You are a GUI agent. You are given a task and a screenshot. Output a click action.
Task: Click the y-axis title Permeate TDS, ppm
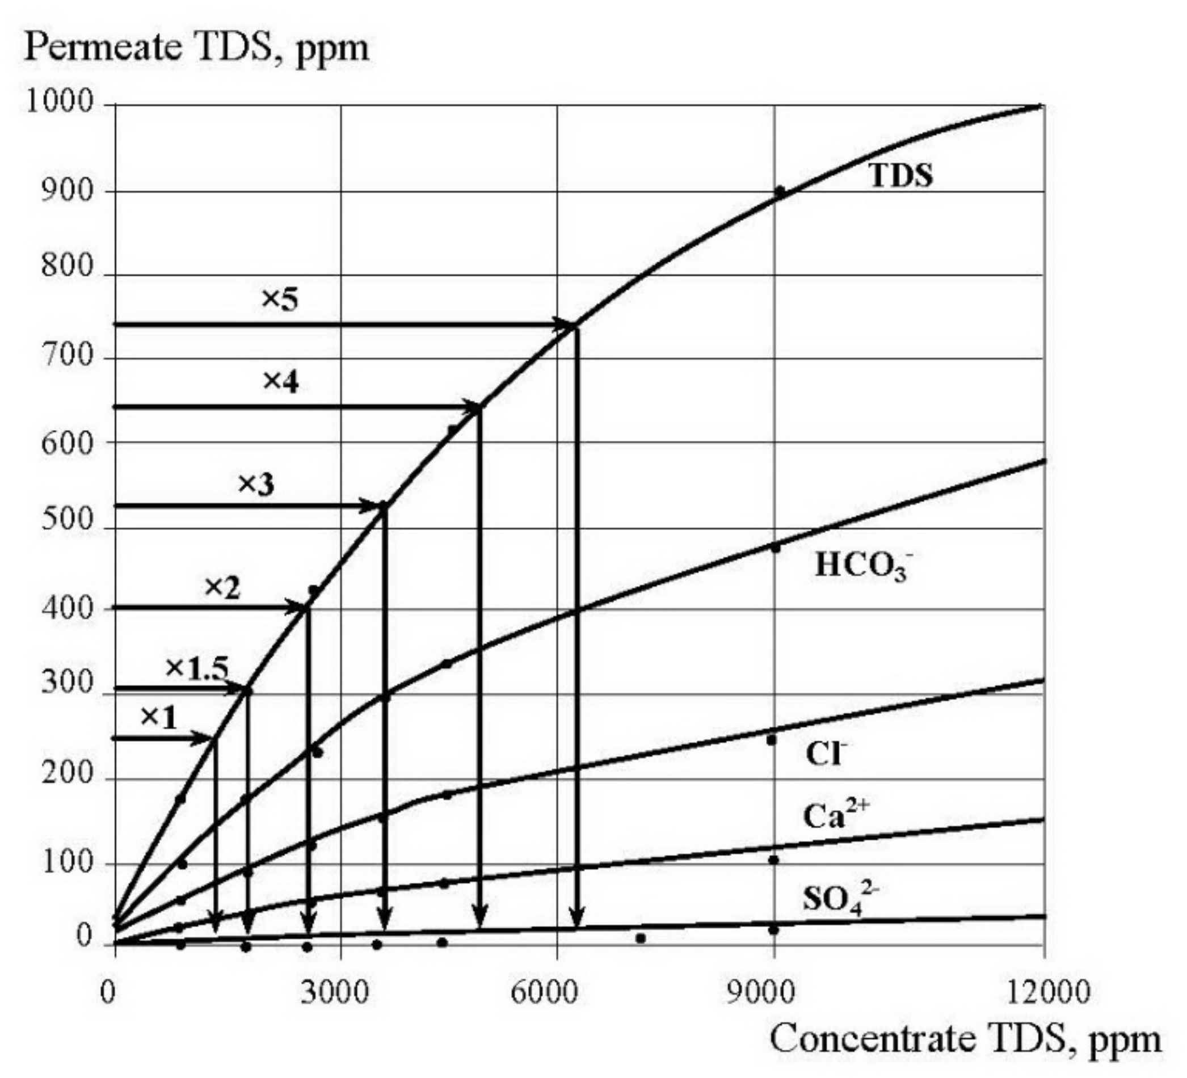[x=197, y=48]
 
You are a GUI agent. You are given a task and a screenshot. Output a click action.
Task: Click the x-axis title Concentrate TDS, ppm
[x=966, y=1039]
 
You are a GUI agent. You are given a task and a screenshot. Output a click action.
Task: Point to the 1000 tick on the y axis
[x=60, y=103]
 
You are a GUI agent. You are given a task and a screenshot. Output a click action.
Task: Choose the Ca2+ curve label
[x=835, y=816]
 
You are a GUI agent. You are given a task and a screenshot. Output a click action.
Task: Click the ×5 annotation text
[x=280, y=300]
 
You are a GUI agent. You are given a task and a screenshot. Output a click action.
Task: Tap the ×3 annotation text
[x=255, y=485]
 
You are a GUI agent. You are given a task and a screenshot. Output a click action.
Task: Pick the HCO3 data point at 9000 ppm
[x=776, y=548]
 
